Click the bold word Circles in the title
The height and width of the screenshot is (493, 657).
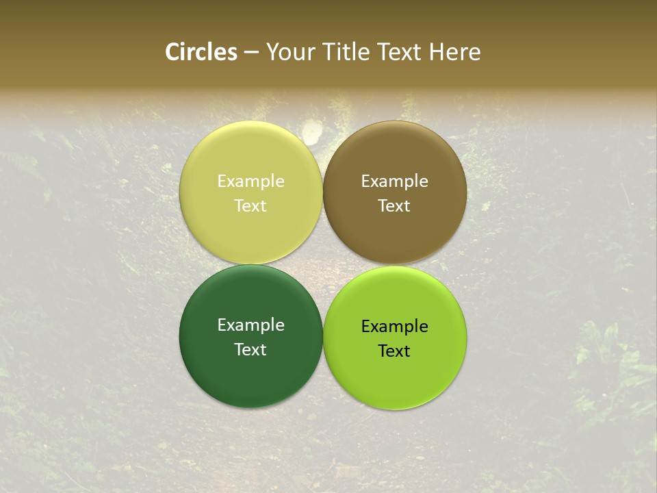coord(201,52)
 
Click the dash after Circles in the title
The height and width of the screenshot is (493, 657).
coord(251,53)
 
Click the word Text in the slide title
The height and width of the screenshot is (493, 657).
coord(400,52)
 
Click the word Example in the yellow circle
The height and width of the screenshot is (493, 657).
coord(250,181)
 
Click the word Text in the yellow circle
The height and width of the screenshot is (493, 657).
coord(250,205)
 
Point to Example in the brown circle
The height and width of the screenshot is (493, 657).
coord(395,181)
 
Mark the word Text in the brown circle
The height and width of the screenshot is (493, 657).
coord(395,205)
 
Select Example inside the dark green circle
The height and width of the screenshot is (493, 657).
coord(250,325)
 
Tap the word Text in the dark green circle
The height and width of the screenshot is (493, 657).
coord(250,349)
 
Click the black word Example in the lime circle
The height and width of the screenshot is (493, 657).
coord(395,327)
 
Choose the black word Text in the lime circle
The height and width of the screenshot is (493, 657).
coord(395,351)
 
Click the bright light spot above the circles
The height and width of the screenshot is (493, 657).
coord(311,131)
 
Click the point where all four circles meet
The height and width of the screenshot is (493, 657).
coord(323,264)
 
